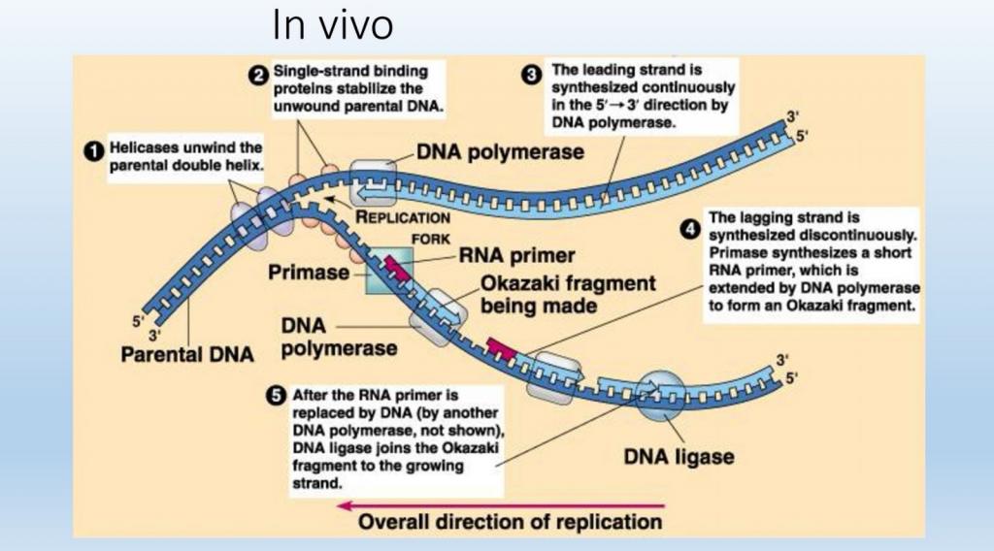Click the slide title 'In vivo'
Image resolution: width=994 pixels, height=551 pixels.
(333, 24)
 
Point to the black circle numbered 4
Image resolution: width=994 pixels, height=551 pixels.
(690, 229)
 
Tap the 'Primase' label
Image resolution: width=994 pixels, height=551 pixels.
(308, 273)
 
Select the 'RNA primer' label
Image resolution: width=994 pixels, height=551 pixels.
(517, 257)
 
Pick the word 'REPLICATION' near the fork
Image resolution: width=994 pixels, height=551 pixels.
(404, 218)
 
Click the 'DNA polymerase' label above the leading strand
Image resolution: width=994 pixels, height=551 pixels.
(500, 152)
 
